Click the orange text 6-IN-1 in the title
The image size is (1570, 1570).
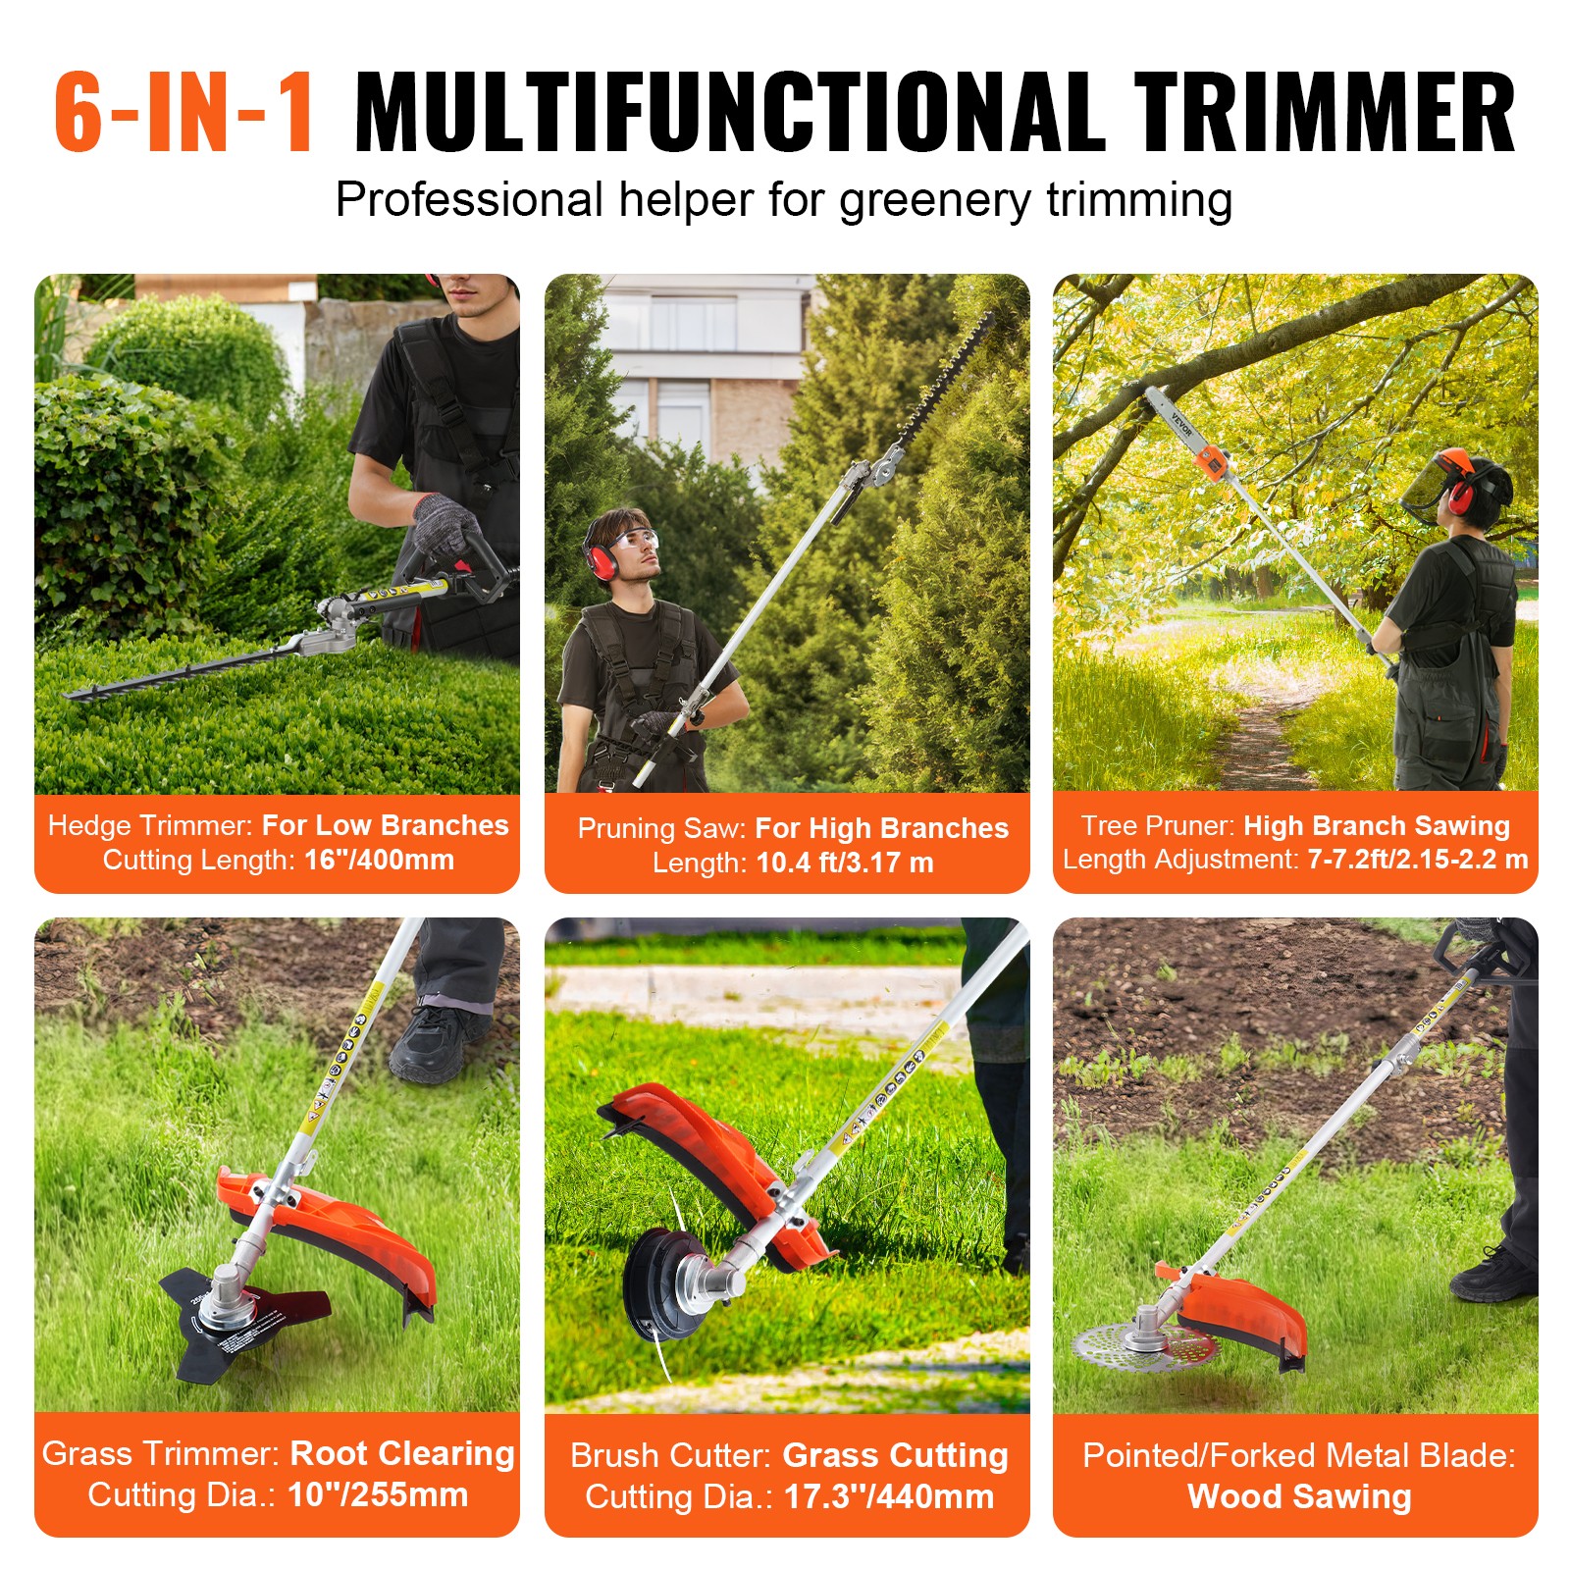pyautogui.click(x=183, y=113)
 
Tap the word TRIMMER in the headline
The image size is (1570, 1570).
pyautogui.click(x=1325, y=113)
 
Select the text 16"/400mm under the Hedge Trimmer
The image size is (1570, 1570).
pyautogui.click(x=379, y=860)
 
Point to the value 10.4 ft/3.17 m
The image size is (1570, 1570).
pyautogui.click(x=845, y=863)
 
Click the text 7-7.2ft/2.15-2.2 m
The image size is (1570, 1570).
pyautogui.click(x=1417, y=860)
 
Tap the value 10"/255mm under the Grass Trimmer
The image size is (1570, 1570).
pyautogui.click(x=378, y=1494)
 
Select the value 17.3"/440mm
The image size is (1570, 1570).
pyautogui.click(x=888, y=1496)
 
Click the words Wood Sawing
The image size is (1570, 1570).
pyautogui.click(x=1298, y=1496)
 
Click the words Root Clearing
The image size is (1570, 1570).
pyautogui.click(x=402, y=1453)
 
